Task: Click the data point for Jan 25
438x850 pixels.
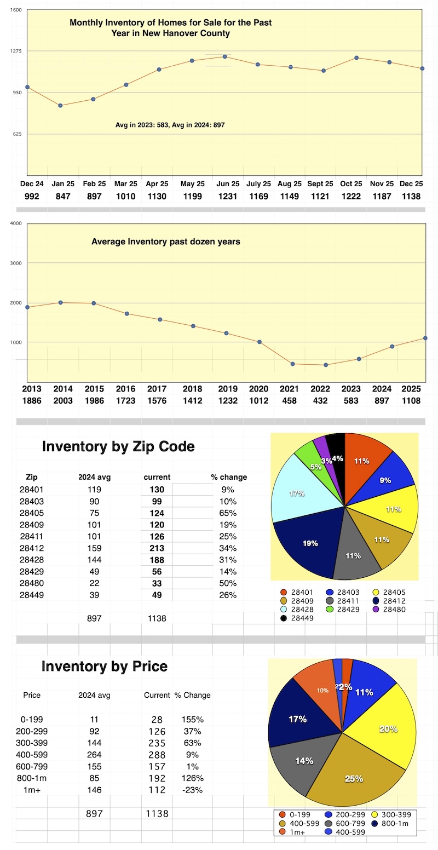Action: tap(60, 106)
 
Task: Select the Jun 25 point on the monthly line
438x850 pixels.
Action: tap(224, 57)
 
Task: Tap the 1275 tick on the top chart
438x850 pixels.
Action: tap(15, 51)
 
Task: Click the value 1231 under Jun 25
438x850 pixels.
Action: tap(226, 196)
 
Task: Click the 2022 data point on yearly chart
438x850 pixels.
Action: tap(326, 365)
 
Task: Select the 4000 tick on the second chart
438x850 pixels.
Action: tap(15, 223)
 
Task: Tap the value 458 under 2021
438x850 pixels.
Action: tap(290, 401)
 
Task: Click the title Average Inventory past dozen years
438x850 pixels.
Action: tap(165, 242)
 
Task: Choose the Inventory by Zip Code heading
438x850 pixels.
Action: tap(118, 447)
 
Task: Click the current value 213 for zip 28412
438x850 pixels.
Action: tap(157, 548)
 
